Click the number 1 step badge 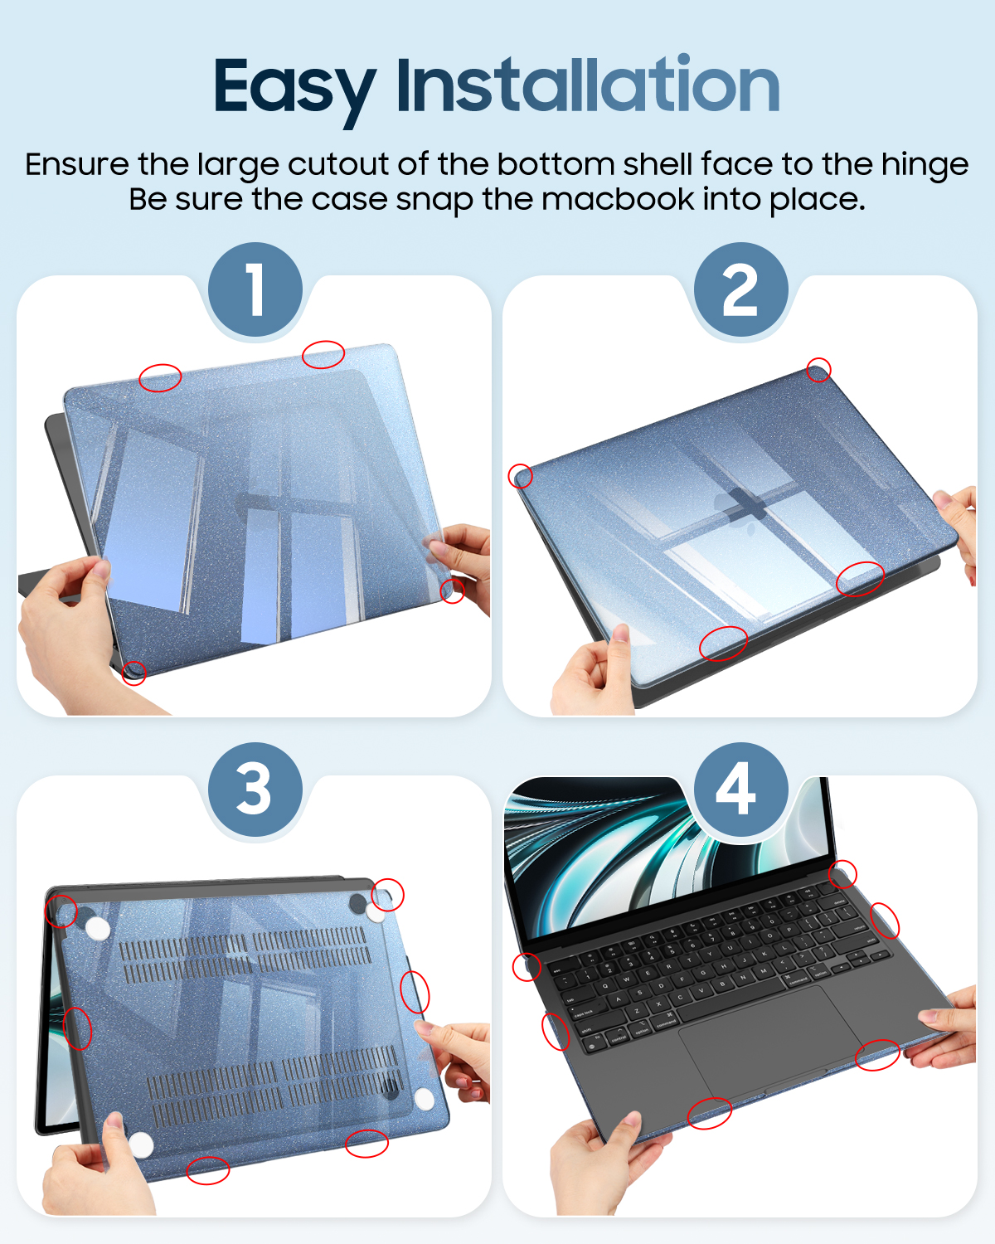[255, 289]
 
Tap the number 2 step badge [740, 289]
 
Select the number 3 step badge [255, 789]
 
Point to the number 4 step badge [740, 789]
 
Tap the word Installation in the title [589, 84]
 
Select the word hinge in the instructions [924, 167]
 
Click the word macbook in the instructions [618, 199]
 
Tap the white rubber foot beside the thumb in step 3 [140, 1144]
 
